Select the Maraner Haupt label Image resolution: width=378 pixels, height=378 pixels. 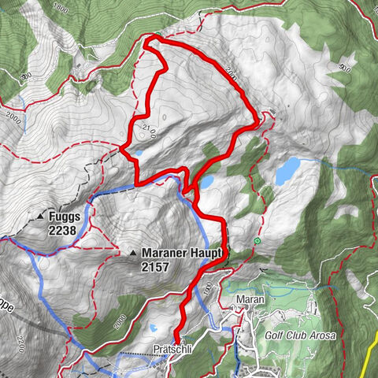184,254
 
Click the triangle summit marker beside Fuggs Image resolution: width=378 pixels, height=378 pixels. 39,215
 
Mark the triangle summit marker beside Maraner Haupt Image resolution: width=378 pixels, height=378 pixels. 132,254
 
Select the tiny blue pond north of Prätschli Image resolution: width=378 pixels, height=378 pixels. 154,332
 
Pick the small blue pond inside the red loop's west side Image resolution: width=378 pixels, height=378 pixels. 139,154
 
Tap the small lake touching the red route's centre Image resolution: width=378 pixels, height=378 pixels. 206,181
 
